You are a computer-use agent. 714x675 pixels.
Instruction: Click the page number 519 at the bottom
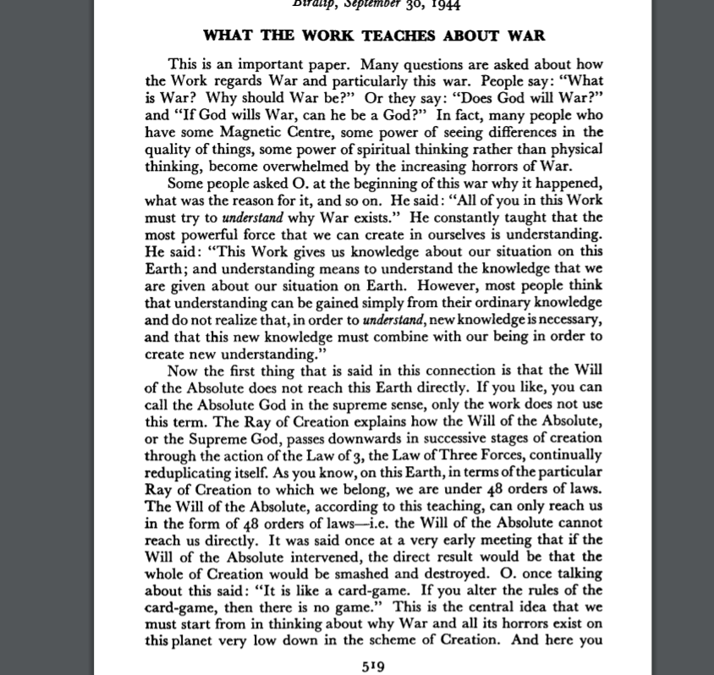(373, 666)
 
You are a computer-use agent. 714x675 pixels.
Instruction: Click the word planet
(189, 639)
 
